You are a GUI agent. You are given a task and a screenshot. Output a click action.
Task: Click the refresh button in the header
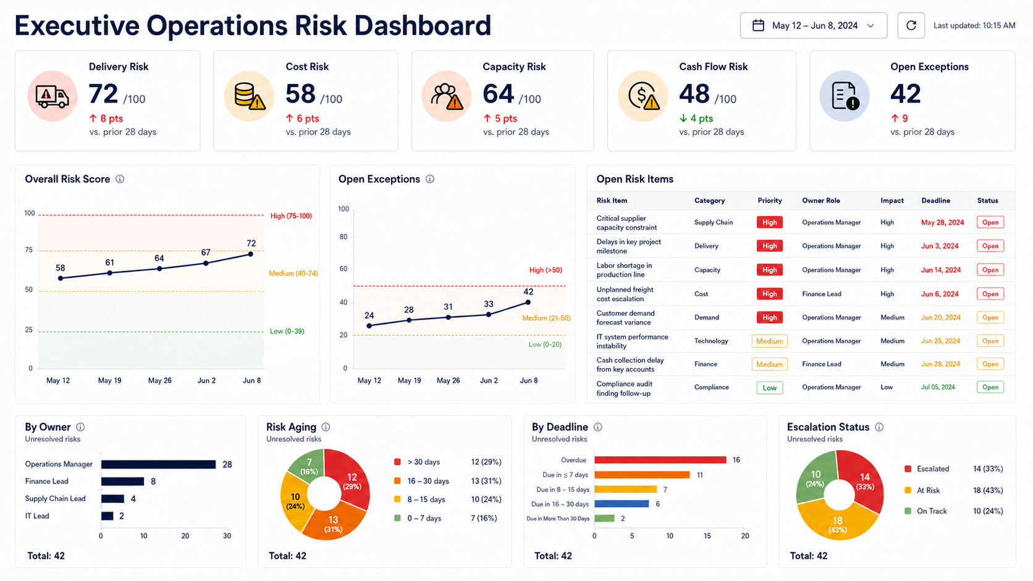pyautogui.click(x=911, y=25)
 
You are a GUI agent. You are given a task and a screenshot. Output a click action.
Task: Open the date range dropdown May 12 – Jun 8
pyautogui.click(x=814, y=25)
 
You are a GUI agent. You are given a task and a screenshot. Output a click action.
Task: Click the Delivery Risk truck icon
pyautogui.click(x=52, y=96)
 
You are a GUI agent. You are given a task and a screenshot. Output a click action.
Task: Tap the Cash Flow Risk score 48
pyautogui.click(x=694, y=94)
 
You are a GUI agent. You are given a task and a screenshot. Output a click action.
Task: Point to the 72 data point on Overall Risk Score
pyautogui.click(x=250, y=254)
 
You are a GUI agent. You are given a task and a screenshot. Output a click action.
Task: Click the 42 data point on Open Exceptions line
pyautogui.click(x=528, y=303)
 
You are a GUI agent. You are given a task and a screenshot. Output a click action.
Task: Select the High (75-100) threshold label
pyautogui.click(x=291, y=215)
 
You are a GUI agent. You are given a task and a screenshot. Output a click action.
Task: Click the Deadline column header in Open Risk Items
pyautogui.click(x=936, y=201)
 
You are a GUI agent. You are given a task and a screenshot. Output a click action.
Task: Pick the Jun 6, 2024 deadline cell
pyautogui.click(x=940, y=294)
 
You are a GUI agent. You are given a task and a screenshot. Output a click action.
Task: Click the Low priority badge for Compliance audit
pyautogui.click(x=769, y=388)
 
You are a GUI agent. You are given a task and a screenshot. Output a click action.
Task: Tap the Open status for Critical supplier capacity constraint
pyautogui.click(x=990, y=222)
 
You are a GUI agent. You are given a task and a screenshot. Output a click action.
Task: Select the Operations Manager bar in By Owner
pyautogui.click(x=158, y=464)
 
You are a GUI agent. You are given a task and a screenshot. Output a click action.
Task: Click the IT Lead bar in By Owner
pyautogui.click(x=107, y=516)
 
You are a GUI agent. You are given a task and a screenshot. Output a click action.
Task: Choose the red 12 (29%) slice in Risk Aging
pyautogui.click(x=349, y=476)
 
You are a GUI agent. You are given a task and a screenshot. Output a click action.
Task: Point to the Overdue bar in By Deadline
pyautogui.click(x=660, y=460)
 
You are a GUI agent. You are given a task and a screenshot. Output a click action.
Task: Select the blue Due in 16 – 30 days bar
pyautogui.click(x=622, y=504)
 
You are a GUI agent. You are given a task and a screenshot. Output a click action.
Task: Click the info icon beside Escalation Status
pyautogui.click(x=879, y=427)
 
